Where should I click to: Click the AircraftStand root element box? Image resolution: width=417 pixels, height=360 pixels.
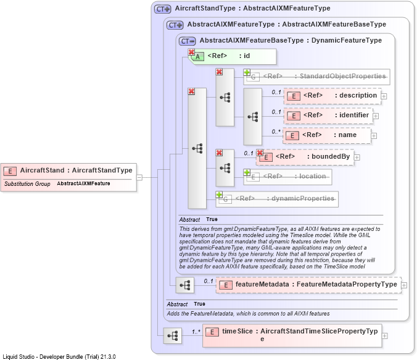click(68, 177)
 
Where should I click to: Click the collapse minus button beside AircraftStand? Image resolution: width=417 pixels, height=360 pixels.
click(139, 177)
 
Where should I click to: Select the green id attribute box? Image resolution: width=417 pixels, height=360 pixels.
click(232, 56)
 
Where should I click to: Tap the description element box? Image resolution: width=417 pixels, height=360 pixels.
click(332, 96)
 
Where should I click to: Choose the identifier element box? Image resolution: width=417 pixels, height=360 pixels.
click(328, 116)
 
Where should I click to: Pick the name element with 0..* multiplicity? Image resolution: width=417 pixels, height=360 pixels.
click(327, 136)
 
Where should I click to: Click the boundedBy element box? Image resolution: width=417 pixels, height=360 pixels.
click(305, 157)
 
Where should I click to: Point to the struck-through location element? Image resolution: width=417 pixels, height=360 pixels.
click(287, 177)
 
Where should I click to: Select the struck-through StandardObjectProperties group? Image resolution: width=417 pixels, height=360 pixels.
click(316, 77)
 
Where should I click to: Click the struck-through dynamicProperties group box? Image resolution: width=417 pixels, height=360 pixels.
click(277, 199)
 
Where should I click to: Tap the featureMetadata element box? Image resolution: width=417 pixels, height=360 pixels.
click(309, 285)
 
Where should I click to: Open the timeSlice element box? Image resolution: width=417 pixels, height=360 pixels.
click(292, 335)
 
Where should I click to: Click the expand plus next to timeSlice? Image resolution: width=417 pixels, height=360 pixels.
click(384, 336)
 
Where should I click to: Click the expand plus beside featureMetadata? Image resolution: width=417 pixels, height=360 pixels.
click(404, 285)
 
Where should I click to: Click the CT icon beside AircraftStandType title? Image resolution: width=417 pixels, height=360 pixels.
click(162, 9)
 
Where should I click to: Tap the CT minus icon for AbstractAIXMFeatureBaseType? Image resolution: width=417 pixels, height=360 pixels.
click(188, 41)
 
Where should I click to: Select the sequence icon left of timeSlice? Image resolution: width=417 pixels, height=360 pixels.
click(173, 335)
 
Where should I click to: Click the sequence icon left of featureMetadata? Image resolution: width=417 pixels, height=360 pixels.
click(185, 285)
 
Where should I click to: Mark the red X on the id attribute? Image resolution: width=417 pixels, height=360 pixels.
click(191, 52)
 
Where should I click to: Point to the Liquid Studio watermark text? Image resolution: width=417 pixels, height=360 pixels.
click(59, 356)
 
